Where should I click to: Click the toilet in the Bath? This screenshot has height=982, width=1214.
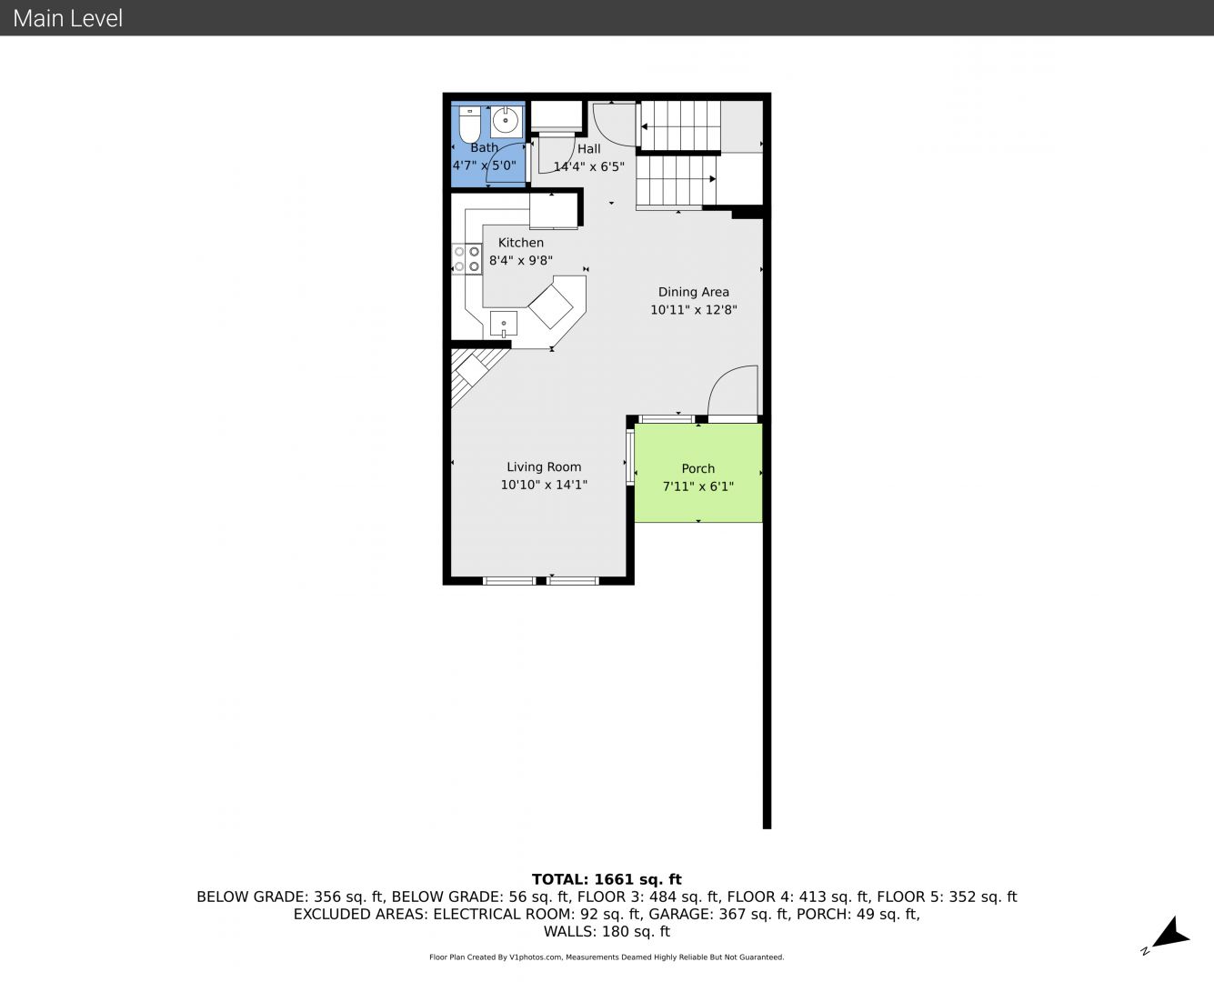[x=469, y=124]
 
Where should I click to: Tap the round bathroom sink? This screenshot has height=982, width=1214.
[x=505, y=121]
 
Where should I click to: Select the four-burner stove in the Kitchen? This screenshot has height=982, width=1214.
[x=467, y=259]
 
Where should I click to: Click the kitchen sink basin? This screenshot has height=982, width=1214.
[x=503, y=324]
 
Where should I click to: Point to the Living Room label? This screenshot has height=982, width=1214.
[x=544, y=466]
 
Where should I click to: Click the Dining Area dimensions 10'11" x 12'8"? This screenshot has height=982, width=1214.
[x=694, y=309]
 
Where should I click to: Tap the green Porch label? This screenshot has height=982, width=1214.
[x=698, y=468]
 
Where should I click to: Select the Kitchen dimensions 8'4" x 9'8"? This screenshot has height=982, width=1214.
[x=521, y=260]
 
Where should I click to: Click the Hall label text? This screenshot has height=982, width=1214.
[x=588, y=149]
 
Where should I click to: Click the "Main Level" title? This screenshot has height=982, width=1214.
[x=68, y=18]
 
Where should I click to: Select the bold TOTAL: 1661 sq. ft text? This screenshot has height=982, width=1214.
[x=607, y=879]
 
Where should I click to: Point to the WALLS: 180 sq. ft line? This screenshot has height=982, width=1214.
[x=607, y=932]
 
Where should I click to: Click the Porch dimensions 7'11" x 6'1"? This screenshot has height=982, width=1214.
[x=698, y=486]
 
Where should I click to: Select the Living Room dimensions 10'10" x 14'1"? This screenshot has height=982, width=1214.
[x=544, y=485]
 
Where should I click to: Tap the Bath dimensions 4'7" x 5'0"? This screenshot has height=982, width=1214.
[x=485, y=165]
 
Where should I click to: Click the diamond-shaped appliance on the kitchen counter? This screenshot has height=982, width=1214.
[x=550, y=306]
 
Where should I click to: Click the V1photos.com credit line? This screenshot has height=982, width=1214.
[x=607, y=957]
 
